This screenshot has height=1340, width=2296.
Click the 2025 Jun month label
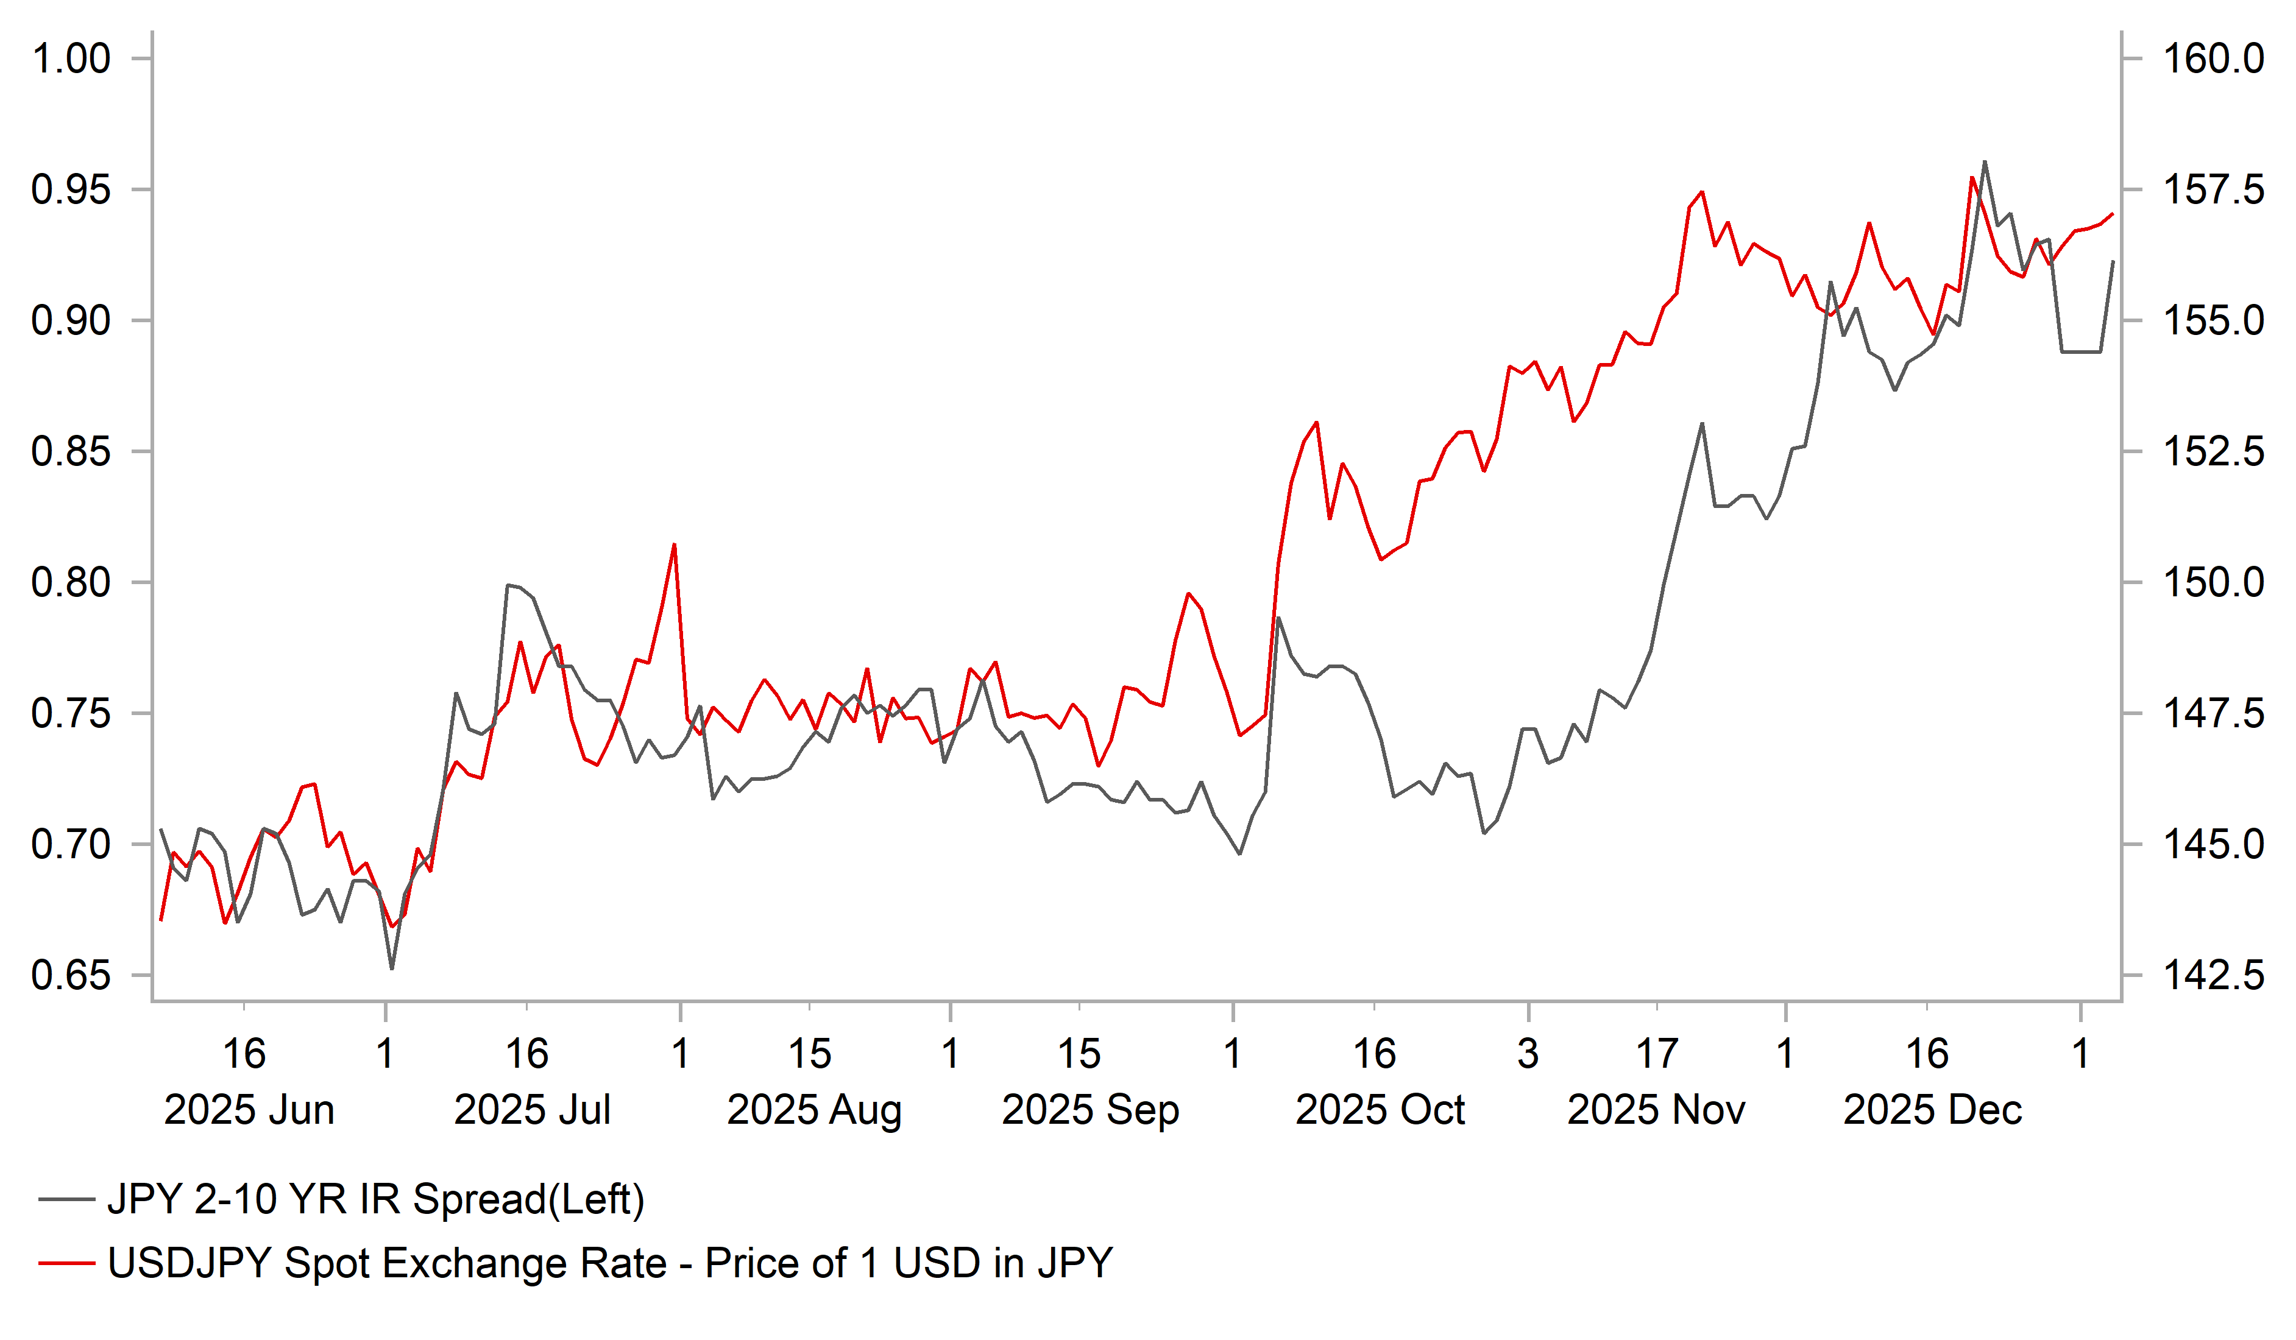pos(249,1110)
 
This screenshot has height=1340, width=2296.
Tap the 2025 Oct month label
pos(1380,1110)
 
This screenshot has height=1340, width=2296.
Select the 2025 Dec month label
pos(1932,1110)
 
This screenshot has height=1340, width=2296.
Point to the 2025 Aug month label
pos(813,1110)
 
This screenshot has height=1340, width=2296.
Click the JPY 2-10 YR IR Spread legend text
pos(375,1200)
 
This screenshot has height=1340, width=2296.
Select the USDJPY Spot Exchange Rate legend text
pos(609,1263)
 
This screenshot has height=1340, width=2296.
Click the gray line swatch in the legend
pos(66,1201)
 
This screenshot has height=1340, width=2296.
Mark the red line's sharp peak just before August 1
pos(674,545)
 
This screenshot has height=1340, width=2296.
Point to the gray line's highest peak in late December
pos(1985,162)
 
